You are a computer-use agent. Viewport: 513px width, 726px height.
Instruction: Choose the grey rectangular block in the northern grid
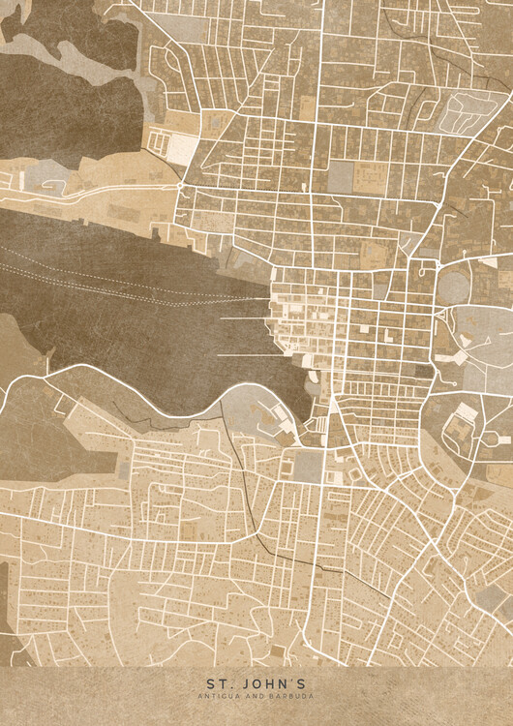[343, 176]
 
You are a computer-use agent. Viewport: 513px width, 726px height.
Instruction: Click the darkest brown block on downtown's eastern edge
[424, 369]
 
